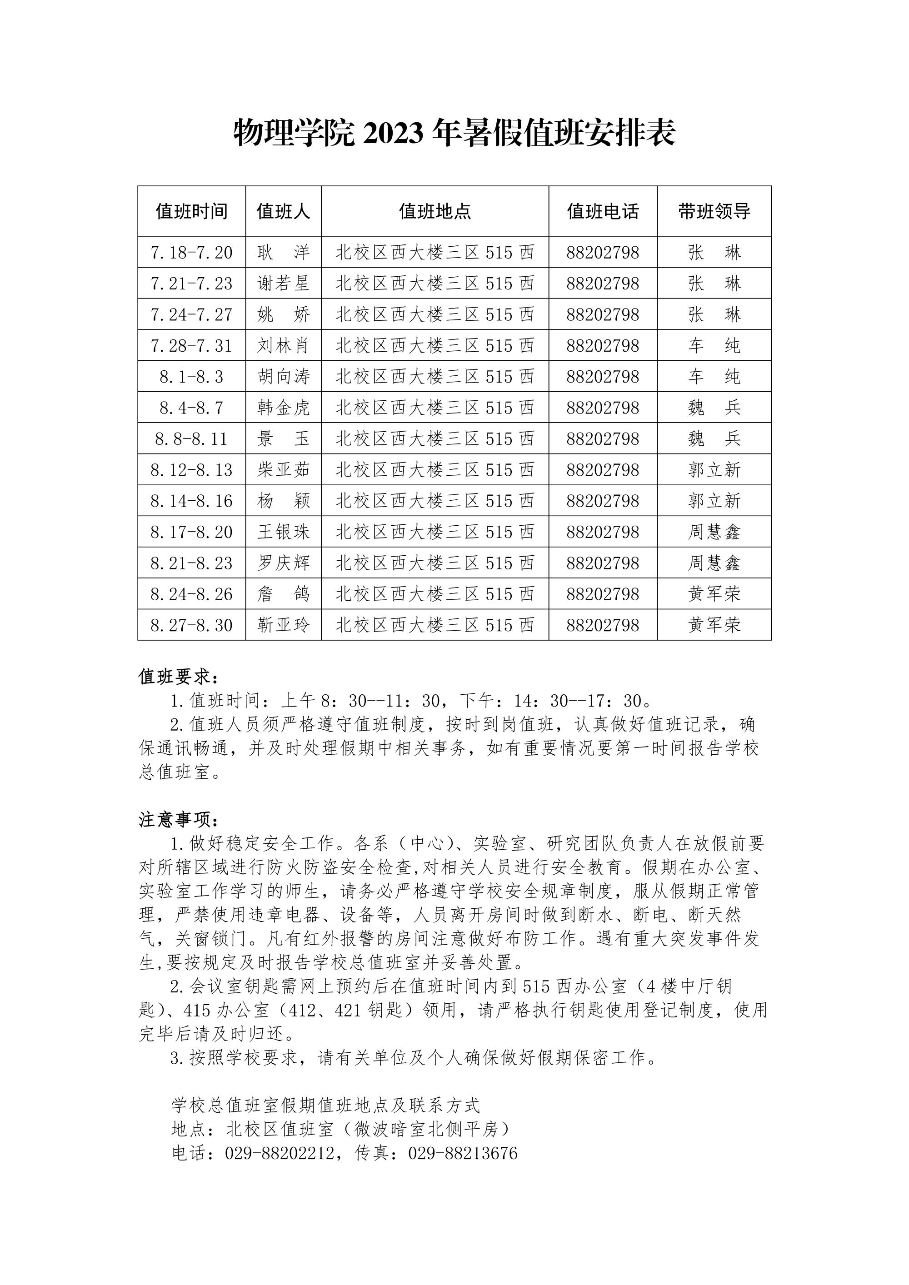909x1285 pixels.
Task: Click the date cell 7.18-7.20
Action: pos(191,253)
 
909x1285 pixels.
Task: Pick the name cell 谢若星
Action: pos(283,283)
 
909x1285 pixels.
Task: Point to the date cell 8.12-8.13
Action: pos(191,469)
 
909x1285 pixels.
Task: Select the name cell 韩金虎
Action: pos(283,408)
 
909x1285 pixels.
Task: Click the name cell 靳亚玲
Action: pos(283,625)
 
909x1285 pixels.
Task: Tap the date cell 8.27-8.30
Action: pos(191,625)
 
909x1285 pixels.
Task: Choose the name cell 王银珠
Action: pos(283,532)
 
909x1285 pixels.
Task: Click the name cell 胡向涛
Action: pos(283,377)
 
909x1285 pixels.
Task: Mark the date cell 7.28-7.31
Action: pos(191,345)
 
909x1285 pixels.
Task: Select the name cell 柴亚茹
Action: pos(283,469)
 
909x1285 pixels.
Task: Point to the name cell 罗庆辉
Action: pos(283,563)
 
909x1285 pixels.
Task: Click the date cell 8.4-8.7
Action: pos(191,408)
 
